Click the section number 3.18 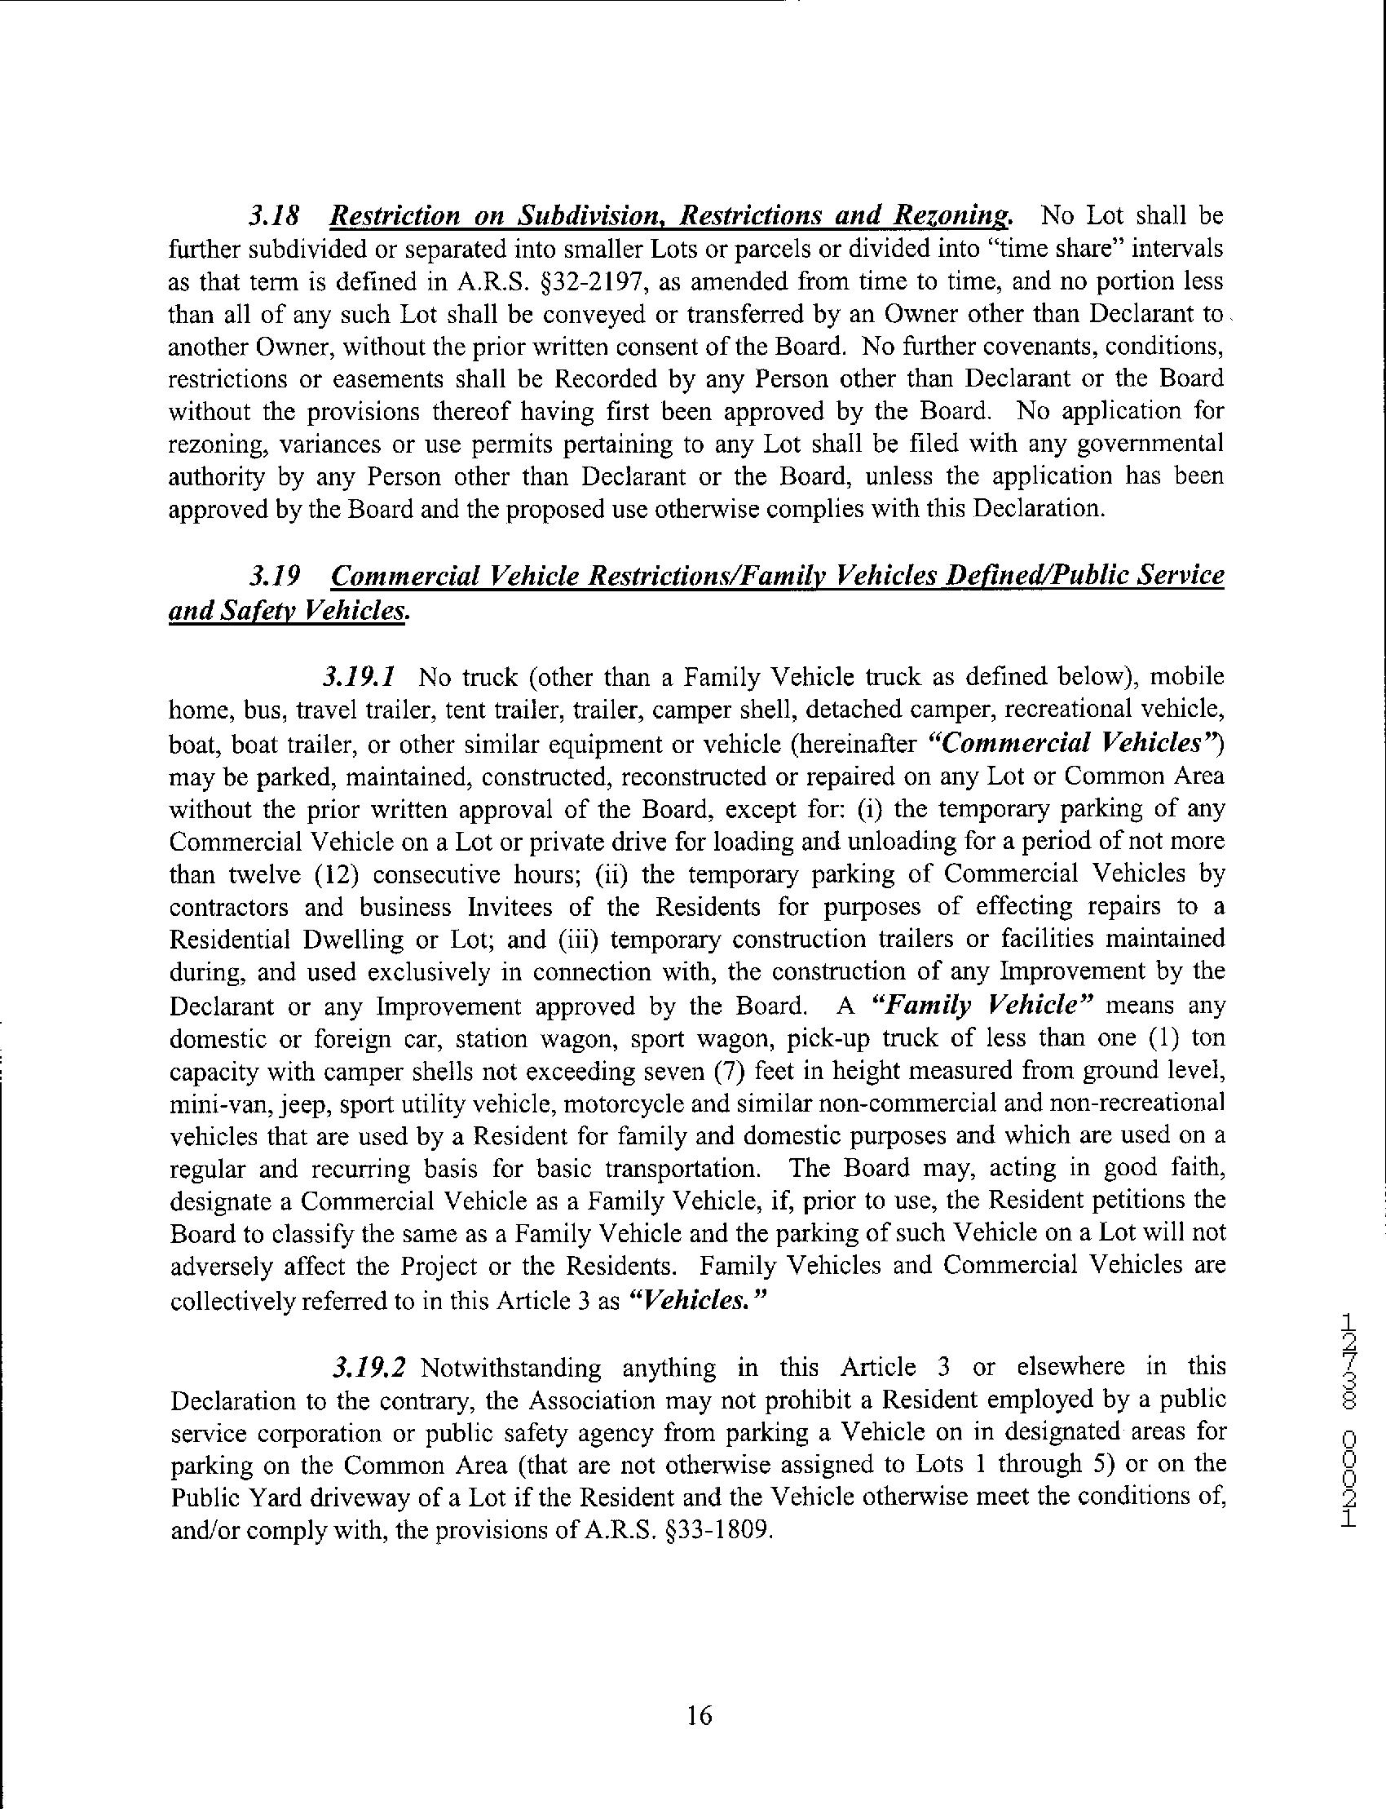tap(273, 216)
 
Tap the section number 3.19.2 tap(368, 1368)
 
